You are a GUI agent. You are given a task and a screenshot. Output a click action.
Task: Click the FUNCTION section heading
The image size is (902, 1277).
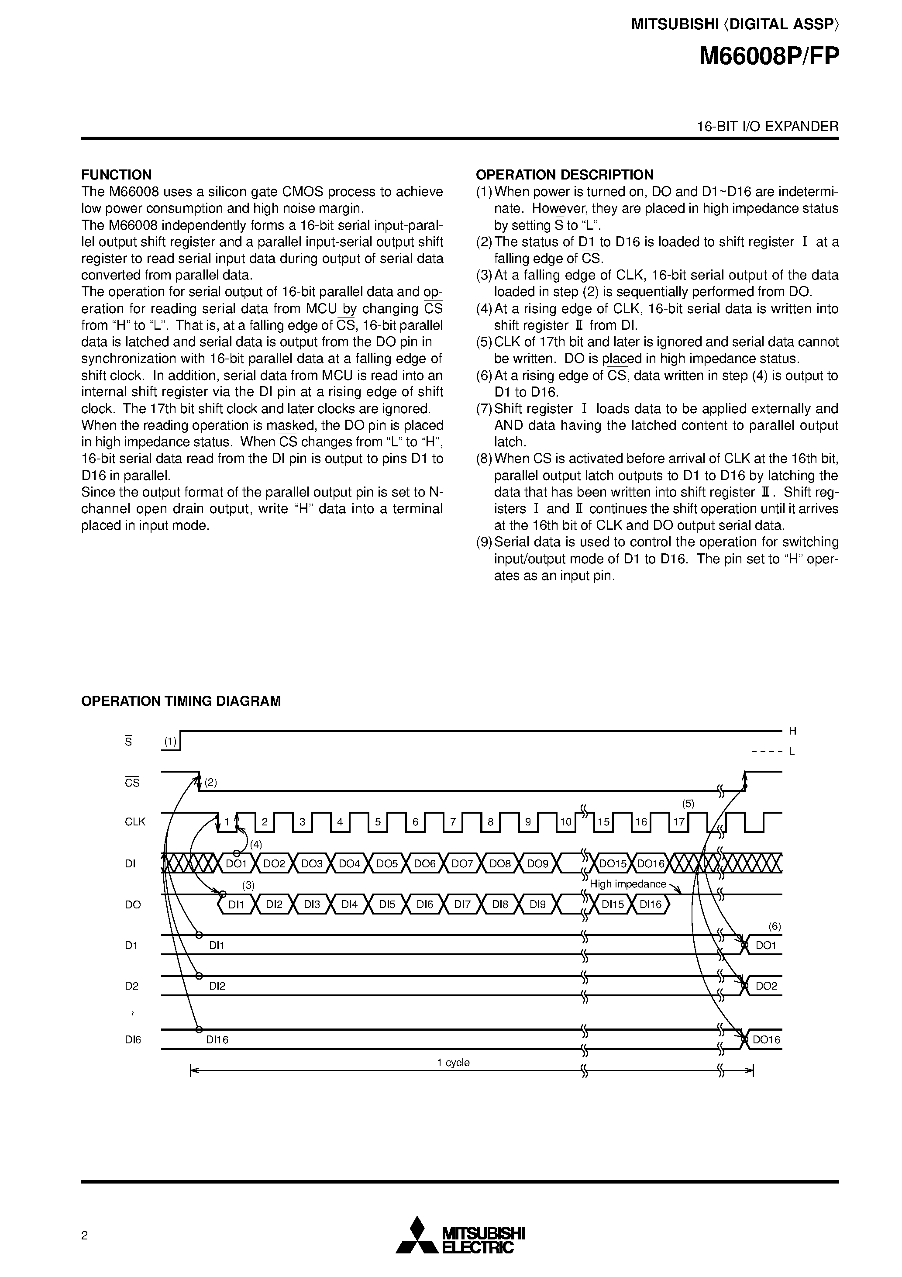[x=116, y=175]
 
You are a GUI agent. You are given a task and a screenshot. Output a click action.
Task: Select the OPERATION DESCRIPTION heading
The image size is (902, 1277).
[x=565, y=175]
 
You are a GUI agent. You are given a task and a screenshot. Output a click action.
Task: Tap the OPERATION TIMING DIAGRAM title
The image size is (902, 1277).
[x=181, y=701]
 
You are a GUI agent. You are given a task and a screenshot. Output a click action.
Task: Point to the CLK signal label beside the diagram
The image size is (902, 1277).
[x=135, y=822]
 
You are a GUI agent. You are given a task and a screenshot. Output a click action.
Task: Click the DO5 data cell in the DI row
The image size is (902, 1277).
[x=387, y=864]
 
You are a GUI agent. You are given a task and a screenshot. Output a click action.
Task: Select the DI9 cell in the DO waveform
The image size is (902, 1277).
[x=538, y=904]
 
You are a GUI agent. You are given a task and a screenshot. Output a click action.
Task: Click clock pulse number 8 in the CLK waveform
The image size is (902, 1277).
[x=490, y=822]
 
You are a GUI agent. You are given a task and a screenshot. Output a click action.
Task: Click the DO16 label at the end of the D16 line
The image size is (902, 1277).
[x=766, y=1039]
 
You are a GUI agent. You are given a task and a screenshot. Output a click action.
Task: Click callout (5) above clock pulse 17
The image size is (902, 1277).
[x=689, y=804]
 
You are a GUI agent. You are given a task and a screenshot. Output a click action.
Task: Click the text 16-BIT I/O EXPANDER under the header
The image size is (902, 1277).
[x=768, y=126]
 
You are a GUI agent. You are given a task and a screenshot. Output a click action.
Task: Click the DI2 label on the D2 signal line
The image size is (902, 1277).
[x=217, y=986]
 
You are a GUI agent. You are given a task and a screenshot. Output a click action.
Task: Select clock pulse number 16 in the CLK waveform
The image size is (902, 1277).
[x=641, y=822]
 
